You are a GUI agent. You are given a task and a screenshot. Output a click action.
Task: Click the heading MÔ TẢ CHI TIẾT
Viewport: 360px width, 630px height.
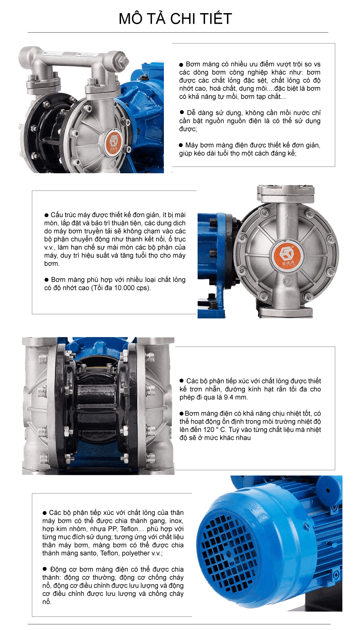175,19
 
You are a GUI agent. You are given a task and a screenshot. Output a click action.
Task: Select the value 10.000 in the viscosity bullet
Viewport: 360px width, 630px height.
124,288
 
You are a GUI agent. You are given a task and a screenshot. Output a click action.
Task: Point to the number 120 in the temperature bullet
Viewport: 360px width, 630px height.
209,429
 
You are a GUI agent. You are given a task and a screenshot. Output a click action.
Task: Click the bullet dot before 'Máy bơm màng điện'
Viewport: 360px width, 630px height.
181,145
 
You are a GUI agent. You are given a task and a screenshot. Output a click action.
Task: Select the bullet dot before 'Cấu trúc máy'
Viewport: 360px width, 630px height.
46,215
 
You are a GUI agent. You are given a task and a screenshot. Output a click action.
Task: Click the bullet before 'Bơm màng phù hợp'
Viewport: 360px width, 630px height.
46,280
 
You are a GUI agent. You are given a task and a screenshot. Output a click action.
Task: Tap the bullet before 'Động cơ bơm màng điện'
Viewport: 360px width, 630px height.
44,569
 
